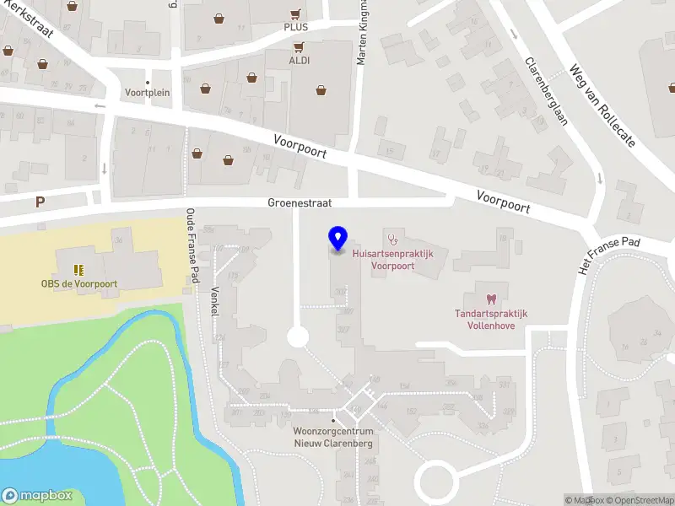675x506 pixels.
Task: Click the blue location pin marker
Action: [337, 239]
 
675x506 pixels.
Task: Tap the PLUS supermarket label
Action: [295, 27]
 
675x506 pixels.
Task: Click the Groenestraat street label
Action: [300, 203]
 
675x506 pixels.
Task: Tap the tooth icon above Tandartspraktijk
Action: [491, 299]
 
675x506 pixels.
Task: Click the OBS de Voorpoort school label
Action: [79, 284]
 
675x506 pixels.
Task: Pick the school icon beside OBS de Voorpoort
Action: [78, 270]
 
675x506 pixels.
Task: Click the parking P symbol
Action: [39, 202]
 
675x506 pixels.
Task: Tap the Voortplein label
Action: [148, 93]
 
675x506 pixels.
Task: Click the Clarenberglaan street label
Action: [547, 91]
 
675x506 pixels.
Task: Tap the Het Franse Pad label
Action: [609, 254]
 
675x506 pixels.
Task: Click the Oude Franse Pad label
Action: [192, 245]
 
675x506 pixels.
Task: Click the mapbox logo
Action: [37, 496]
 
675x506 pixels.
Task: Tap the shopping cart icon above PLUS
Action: [295, 13]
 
